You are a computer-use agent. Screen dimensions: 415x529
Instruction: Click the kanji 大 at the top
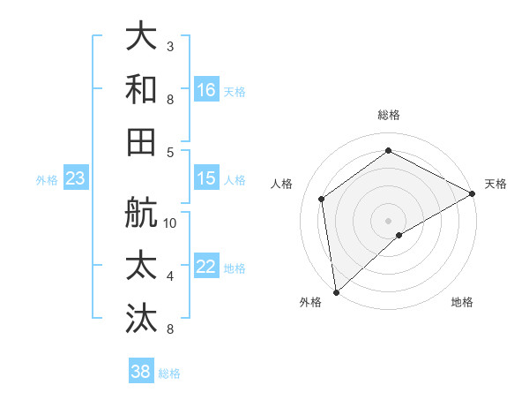tap(142, 36)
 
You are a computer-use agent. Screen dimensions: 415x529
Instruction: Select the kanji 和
tap(142, 89)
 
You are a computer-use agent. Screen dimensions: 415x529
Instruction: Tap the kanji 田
tap(142, 142)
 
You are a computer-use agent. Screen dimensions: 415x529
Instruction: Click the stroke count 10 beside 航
tap(171, 223)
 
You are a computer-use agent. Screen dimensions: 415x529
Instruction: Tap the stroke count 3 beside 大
tap(169, 45)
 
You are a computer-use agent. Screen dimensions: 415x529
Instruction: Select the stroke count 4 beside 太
tap(169, 275)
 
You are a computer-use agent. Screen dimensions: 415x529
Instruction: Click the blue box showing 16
tap(206, 89)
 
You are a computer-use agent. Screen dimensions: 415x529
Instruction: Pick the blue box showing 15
tap(206, 178)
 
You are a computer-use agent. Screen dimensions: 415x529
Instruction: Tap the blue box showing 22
tap(206, 267)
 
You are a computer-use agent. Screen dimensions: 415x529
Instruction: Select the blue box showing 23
tap(75, 179)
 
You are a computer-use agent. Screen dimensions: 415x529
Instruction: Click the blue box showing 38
tap(141, 372)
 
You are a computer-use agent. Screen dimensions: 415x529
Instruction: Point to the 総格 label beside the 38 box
tap(169, 373)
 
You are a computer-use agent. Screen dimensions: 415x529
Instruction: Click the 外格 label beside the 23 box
tap(47, 180)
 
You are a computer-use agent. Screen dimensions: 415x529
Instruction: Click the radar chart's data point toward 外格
tap(336, 291)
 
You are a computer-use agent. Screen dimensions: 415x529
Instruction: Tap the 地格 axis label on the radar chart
tap(462, 302)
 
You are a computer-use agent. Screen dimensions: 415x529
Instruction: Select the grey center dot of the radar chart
tap(388, 219)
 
